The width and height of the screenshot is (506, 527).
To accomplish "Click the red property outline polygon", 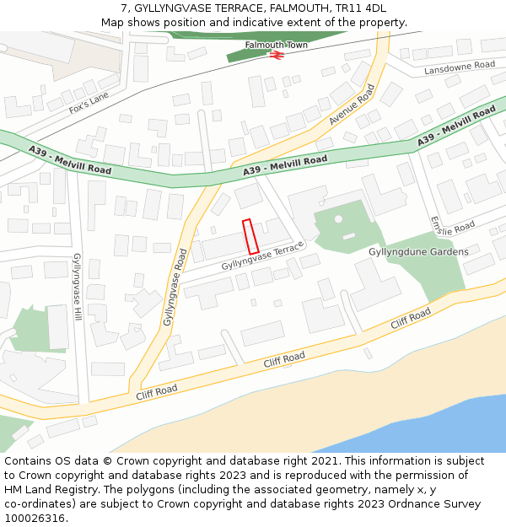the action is (250, 237).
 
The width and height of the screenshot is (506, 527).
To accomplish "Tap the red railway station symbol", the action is (276, 54).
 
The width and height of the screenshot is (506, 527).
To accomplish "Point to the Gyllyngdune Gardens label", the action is (418, 252).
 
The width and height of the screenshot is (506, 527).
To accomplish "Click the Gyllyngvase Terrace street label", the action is (261, 259).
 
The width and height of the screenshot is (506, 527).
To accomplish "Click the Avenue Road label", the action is (352, 105).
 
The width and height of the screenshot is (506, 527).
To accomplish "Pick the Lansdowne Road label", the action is (460, 66).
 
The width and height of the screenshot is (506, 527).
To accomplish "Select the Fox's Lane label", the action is (89, 103).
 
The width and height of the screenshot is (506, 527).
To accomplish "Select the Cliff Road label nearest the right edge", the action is (410, 318).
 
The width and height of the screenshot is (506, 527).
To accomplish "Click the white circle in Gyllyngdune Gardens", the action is (338, 219).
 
